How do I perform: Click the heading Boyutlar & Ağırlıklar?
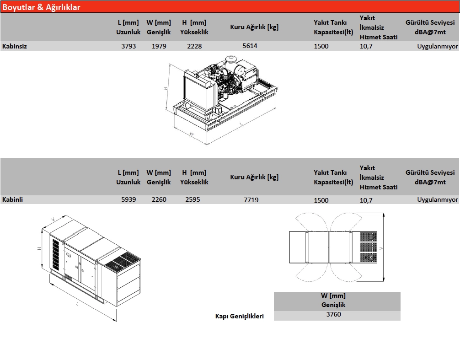pyautogui.click(x=42, y=7)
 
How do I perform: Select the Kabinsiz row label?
pyautogui.click(x=15, y=46)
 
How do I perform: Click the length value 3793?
pyautogui.click(x=128, y=46)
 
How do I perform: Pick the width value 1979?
pyautogui.click(x=159, y=46)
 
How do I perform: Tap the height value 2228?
pyautogui.click(x=194, y=46)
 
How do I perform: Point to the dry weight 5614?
pyautogui.click(x=250, y=46)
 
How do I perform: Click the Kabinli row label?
pyautogui.click(x=13, y=199)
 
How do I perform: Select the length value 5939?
pyautogui.click(x=128, y=199)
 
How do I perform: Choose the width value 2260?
pyautogui.click(x=159, y=199)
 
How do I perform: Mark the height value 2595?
pyautogui.click(x=193, y=199)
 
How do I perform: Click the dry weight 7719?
pyautogui.click(x=251, y=199)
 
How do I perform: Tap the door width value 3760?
pyautogui.click(x=333, y=314)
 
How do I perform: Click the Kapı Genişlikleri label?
pyautogui.click(x=240, y=316)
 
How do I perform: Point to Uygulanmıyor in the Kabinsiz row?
pyautogui.click(x=437, y=46)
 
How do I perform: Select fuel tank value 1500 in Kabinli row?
pyautogui.click(x=321, y=200)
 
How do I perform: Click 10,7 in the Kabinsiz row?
pyautogui.click(x=366, y=46)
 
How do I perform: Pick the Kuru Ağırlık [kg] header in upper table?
pyautogui.click(x=254, y=27)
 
